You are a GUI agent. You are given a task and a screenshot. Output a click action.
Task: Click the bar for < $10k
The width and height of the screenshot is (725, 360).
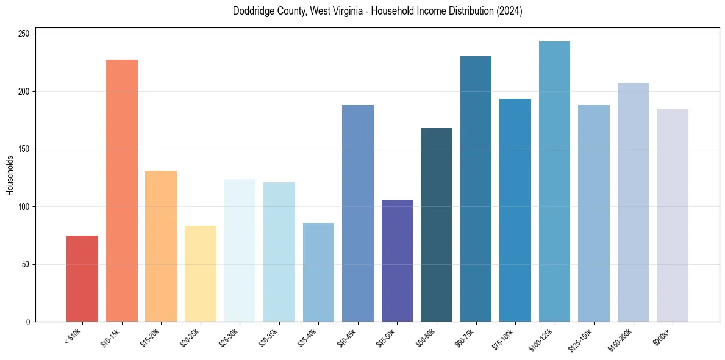82,278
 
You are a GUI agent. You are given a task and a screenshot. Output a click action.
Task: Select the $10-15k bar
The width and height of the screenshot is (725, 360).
122,190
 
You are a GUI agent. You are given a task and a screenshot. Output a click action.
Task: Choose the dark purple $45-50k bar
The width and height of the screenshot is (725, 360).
397,261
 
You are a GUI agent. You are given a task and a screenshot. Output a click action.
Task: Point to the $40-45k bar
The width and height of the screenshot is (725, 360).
358,213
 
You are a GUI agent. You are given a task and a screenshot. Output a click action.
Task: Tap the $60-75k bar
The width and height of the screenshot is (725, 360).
476,189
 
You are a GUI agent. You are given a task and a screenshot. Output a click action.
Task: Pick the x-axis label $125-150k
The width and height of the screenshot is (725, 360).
584,339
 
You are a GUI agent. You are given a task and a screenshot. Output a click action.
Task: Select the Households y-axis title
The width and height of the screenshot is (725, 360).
10,175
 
